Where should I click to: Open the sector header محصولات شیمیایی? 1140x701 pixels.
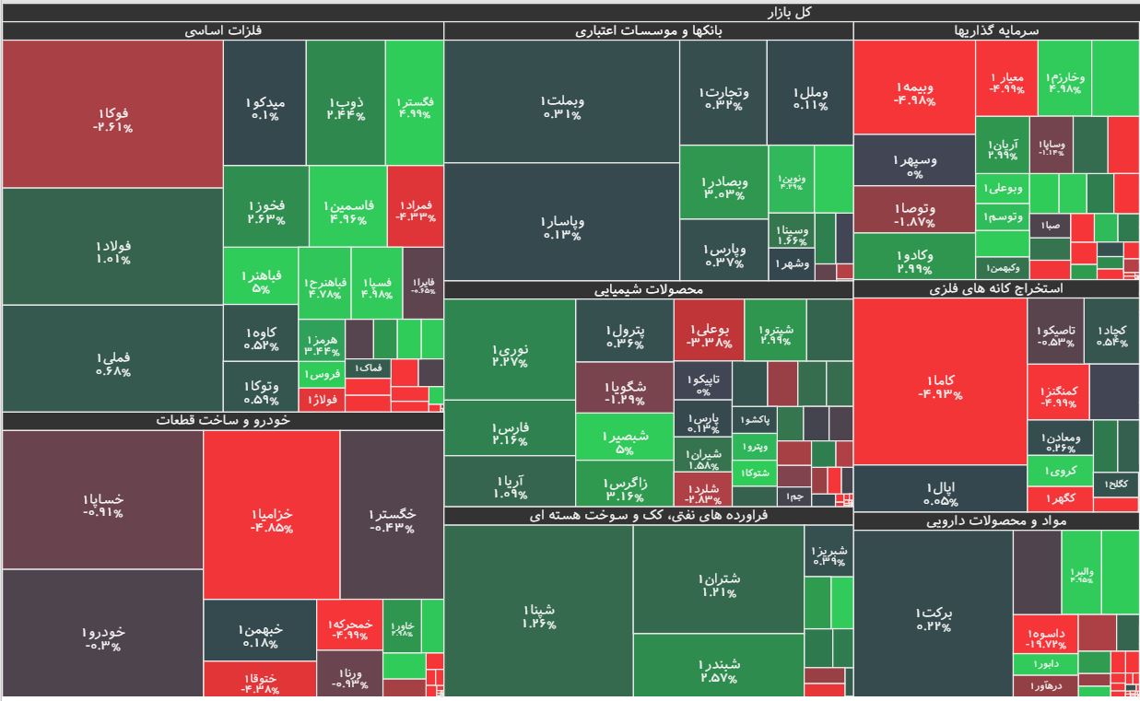(649, 289)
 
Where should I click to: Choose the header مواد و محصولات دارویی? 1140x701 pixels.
(996, 521)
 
